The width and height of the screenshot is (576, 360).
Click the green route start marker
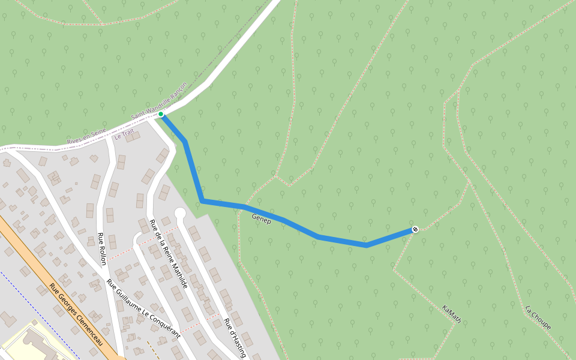pos(161,114)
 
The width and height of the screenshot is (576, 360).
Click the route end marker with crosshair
pos(415,229)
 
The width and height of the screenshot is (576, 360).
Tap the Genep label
pos(262,219)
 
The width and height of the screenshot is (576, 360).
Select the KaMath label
pos(451,314)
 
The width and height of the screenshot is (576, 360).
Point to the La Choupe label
pos(538,318)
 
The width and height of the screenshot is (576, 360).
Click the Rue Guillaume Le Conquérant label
pos(143,305)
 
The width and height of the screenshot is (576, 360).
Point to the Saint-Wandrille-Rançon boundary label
pos(159,101)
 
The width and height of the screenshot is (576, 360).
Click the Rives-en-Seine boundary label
pos(86,136)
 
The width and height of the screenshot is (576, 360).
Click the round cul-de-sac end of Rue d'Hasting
pos(180,213)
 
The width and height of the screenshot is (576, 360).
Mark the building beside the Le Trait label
pos(133,137)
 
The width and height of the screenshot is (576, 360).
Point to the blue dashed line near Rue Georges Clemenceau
pos(42,312)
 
